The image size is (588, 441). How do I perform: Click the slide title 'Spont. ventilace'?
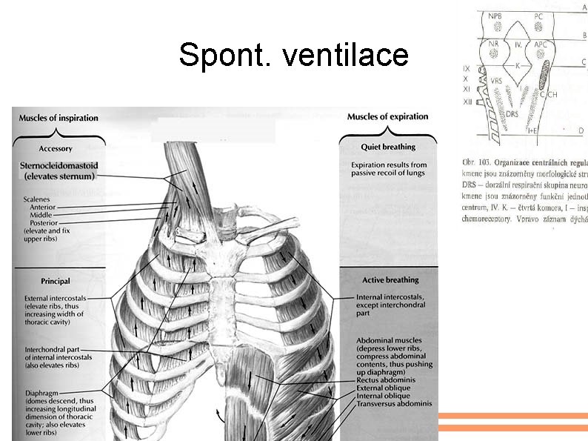(x=293, y=55)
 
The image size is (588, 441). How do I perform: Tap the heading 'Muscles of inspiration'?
(x=59, y=118)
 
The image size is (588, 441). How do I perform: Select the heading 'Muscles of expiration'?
(x=388, y=117)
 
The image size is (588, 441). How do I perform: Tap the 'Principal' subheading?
(x=56, y=281)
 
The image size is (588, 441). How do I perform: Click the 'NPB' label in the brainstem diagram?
(x=494, y=16)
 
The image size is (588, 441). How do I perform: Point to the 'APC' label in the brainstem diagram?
(x=541, y=44)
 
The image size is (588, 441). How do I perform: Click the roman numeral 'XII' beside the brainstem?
(x=467, y=101)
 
